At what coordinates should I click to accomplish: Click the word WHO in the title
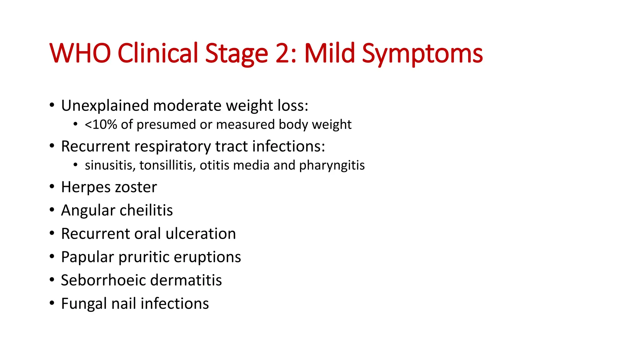(80, 53)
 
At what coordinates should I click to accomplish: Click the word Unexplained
(105, 106)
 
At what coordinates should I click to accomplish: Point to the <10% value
(101, 125)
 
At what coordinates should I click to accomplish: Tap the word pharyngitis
(332, 165)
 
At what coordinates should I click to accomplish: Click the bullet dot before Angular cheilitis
(52, 210)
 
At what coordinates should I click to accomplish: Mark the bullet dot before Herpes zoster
(52, 187)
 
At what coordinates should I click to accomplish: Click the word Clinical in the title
(158, 53)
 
